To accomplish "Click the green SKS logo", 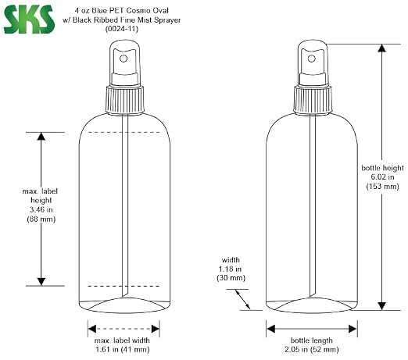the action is (29, 20).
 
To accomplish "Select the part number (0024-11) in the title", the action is (122, 29).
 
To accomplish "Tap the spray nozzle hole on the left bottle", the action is (123, 59).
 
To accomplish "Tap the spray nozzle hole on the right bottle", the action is (312, 59).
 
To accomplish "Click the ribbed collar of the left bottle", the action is (125, 100).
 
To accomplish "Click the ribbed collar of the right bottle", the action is (313, 100).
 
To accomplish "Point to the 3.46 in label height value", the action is (41, 209).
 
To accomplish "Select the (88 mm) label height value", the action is (41, 219).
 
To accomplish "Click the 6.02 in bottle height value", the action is (382, 177).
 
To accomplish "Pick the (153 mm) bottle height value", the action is (382, 187).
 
